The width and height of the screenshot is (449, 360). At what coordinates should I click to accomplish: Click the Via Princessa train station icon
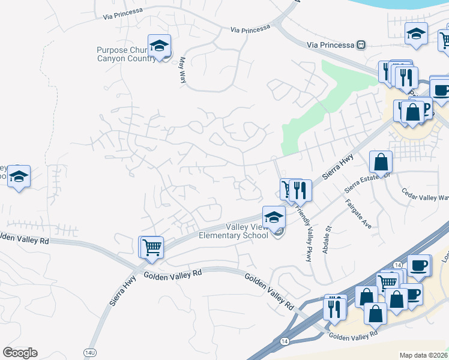tap(361, 44)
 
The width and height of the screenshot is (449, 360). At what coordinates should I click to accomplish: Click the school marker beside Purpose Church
tap(159, 46)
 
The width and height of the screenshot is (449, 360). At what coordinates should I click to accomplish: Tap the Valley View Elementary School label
tap(247, 231)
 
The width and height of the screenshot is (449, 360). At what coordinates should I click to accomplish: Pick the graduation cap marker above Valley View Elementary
tap(274, 217)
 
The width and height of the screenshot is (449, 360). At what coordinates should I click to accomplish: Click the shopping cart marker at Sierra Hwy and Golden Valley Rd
tap(152, 247)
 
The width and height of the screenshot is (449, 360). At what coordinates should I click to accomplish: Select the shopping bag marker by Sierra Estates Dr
tap(381, 161)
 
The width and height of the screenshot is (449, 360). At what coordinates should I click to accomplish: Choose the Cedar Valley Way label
tap(425, 196)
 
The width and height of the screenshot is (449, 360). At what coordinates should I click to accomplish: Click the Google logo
tap(20, 353)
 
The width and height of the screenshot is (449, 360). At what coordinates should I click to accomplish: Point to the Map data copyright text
tap(424, 355)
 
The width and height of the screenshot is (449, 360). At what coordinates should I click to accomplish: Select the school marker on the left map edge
tap(19, 176)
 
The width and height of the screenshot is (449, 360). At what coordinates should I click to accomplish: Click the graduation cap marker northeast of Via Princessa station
tap(415, 34)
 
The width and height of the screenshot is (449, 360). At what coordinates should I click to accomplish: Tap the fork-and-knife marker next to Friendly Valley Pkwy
tap(300, 190)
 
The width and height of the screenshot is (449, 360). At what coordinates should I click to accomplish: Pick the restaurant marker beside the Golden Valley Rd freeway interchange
tap(334, 307)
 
